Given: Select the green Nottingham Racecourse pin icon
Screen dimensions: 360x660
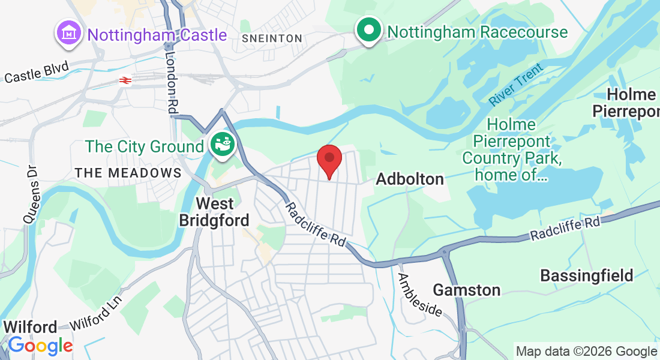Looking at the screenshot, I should pyautogui.click(x=369, y=29).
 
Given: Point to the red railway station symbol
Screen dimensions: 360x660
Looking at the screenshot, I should pyautogui.click(x=125, y=80).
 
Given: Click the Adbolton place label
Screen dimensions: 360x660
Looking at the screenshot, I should pyautogui.click(x=410, y=179).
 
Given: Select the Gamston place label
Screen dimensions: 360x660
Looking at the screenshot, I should pyautogui.click(x=466, y=290).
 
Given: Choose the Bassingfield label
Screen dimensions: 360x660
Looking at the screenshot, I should pyautogui.click(x=587, y=275).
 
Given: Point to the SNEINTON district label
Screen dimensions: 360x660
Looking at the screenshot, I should pyautogui.click(x=272, y=38).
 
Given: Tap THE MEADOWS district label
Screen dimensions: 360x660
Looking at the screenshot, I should pyautogui.click(x=128, y=173).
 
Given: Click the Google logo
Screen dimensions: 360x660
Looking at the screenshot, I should pyautogui.click(x=40, y=346).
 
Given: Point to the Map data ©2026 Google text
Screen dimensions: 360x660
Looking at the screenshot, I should pyautogui.click(x=586, y=352).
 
